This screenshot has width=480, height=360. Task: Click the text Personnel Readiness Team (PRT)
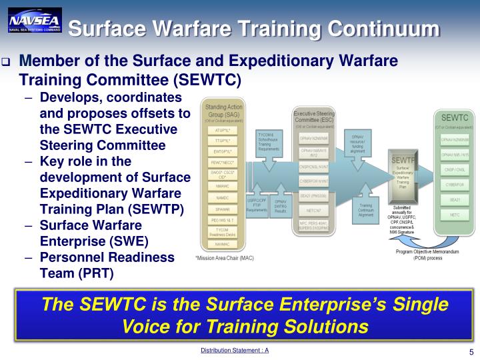tap(107, 265)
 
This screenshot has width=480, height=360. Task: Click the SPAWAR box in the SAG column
tap(222, 209)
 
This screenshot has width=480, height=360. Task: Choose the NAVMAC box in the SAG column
tap(222, 244)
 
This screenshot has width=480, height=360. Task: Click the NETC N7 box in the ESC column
tap(313, 210)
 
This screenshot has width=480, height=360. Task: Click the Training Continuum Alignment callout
tap(365, 210)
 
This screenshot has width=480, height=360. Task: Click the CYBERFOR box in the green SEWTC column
tap(454, 184)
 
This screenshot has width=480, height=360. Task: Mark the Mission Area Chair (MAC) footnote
tap(224, 257)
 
